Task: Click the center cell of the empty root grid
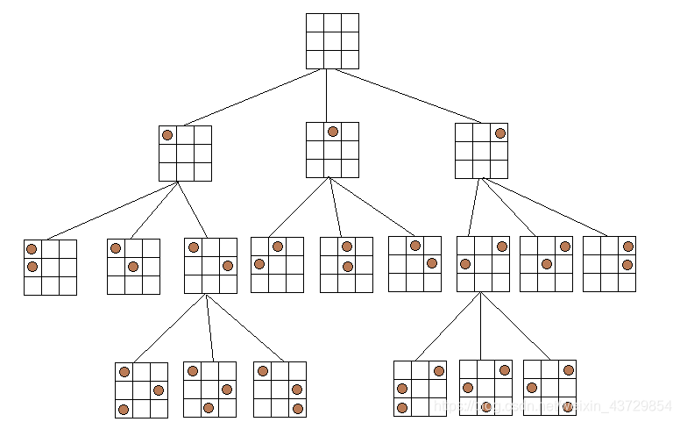[332, 40]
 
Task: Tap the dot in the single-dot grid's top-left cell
[167, 135]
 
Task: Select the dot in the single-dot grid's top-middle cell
[333, 132]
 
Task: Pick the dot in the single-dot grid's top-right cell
[500, 133]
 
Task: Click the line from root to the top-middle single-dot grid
[326, 95]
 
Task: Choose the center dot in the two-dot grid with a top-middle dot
[347, 267]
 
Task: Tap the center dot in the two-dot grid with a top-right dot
[547, 263]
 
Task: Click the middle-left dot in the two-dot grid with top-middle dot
[259, 264]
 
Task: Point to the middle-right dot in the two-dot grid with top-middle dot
[432, 263]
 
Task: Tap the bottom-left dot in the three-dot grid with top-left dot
[124, 410]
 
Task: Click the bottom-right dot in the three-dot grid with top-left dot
[297, 409]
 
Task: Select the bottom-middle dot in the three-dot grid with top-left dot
[209, 407]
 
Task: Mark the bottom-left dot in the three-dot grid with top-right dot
[402, 407]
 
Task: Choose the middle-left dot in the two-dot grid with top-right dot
[465, 263]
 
